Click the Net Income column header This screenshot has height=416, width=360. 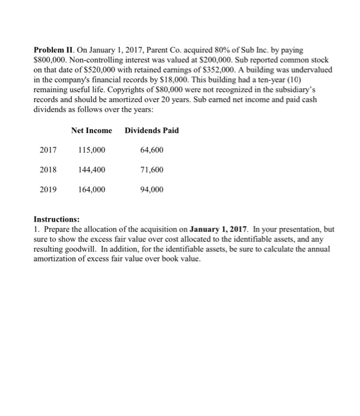tap(91, 130)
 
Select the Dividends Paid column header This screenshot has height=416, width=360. tap(151, 130)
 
